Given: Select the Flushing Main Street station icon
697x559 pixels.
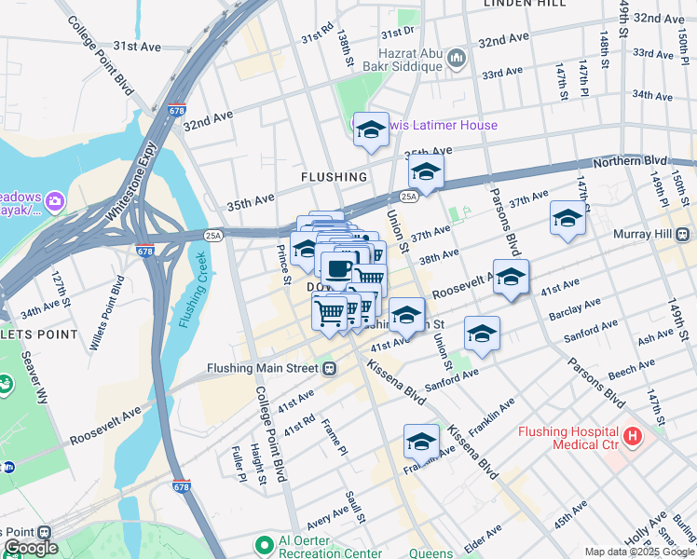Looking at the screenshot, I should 329,368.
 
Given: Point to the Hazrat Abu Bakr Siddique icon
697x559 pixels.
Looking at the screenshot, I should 456,60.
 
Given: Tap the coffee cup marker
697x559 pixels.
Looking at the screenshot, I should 337,269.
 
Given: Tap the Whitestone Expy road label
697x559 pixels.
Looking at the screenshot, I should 130,183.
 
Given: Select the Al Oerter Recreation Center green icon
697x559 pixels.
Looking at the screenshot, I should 265,543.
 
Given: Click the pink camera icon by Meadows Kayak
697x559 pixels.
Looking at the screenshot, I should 55,199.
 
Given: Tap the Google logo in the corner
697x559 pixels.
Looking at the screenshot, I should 31,548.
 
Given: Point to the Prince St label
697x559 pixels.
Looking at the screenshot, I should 282,264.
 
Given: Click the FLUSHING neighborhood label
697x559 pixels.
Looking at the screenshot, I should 334,176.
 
